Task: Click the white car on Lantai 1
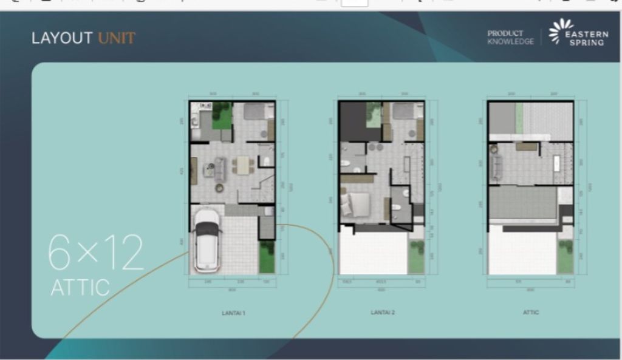207,240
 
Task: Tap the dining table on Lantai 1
243,165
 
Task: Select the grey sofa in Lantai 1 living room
220,168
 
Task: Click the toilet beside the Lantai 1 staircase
265,161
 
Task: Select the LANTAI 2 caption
383,313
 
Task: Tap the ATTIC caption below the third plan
530,313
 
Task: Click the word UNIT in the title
117,38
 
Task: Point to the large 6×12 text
95,252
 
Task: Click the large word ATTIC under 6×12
80,287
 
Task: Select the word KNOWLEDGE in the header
511,42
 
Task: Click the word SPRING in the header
586,42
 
